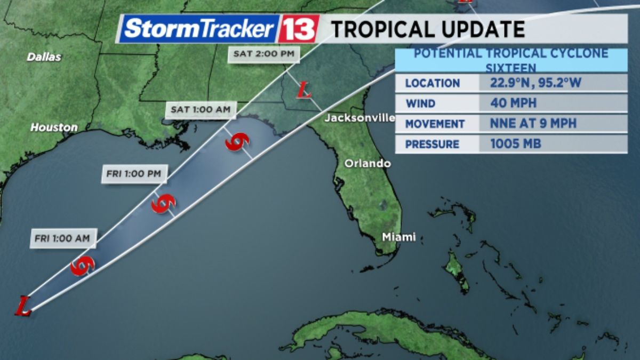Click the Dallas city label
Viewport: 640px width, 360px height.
[x=44, y=57]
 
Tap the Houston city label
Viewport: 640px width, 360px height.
[x=54, y=127]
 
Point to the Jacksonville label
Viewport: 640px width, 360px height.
[x=359, y=118]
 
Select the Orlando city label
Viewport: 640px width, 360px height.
[x=367, y=163]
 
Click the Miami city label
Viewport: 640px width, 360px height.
[x=398, y=237]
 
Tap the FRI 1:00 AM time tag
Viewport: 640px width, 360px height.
[x=62, y=238]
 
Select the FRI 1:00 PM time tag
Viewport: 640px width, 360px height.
[x=134, y=174]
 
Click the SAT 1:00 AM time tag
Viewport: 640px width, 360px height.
[x=201, y=110]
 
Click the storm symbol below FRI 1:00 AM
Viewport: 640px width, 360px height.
[x=83, y=266]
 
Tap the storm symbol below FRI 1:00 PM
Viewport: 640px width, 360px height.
[x=163, y=203]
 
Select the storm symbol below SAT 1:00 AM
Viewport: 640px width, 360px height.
[x=237, y=142]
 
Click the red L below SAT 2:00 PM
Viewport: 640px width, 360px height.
[x=304, y=90]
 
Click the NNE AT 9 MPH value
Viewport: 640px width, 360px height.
[x=533, y=123]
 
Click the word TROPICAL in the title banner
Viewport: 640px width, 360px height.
[x=388, y=29]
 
